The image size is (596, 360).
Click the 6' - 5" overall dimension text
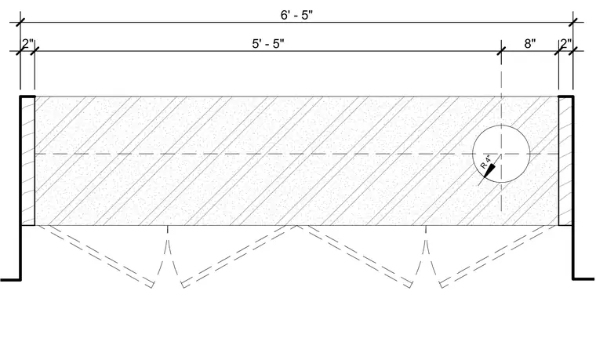[296, 15]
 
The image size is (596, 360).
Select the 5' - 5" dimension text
[268, 44]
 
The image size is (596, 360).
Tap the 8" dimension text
[530, 44]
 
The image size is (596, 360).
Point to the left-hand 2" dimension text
[27, 44]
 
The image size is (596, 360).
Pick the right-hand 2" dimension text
[565, 44]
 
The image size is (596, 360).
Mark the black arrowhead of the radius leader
[489, 169]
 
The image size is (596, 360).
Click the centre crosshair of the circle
[501, 154]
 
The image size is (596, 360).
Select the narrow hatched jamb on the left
[27, 161]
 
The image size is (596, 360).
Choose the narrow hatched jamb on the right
[565, 161]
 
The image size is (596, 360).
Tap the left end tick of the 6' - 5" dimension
[20, 22]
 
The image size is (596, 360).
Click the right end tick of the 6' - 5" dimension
[572, 22]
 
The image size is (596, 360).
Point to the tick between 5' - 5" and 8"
[501, 50]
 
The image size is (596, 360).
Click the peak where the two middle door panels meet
[297, 225]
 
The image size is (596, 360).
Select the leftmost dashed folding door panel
[96, 256]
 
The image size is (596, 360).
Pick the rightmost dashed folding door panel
[498, 256]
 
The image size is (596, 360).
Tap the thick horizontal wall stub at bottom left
[11, 280]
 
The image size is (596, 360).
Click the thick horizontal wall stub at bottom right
[583, 279]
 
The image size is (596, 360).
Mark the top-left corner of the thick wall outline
[21, 96]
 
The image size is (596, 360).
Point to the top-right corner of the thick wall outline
[572, 96]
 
